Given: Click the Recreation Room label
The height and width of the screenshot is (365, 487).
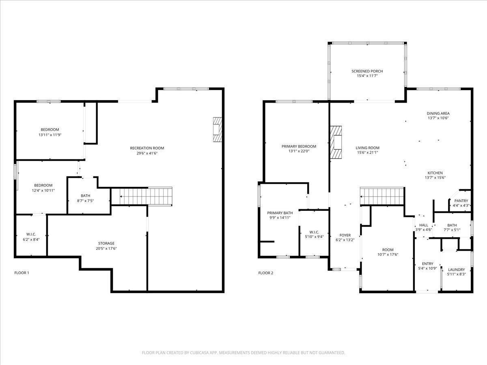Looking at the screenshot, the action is [147, 148].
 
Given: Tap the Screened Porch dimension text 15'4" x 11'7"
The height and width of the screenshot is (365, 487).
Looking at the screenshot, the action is [367, 76].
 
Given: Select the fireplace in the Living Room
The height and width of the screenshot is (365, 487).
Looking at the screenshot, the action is [336, 142].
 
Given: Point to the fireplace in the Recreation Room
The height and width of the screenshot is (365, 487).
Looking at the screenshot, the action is [218, 129].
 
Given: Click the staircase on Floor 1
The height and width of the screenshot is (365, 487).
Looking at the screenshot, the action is [142, 196].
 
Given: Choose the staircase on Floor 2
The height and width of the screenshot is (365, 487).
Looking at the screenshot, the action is [382, 196].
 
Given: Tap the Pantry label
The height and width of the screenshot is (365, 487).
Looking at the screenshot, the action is [461, 201].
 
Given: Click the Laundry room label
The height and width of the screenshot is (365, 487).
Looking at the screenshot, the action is [457, 269].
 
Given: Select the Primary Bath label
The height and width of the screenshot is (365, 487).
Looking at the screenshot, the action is [280, 213].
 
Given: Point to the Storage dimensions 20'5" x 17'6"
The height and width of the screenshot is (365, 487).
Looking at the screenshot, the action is [106, 249].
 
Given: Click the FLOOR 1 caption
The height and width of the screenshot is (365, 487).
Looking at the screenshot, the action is [22, 273].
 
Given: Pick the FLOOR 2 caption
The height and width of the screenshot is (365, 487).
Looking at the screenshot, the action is [265, 273].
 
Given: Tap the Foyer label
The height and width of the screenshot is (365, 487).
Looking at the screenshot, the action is [345, 235].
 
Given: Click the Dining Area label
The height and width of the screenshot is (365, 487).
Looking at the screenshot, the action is [438, 113].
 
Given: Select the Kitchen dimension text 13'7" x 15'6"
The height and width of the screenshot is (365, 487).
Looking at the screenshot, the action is [435, 178].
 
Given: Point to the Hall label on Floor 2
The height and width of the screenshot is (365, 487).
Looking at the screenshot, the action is [424, 225].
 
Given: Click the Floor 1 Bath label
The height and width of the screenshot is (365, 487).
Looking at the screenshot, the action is [85, 196].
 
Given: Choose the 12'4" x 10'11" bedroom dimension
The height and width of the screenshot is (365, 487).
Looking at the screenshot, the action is [43, 190].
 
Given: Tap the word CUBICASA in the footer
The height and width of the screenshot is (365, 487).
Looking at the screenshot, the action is [199, 352].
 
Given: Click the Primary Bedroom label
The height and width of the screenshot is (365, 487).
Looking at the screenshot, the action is [299, 146].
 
